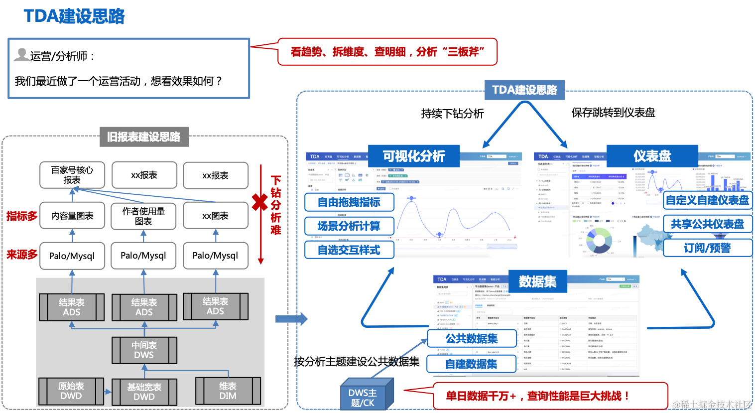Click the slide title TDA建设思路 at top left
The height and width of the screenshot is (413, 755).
tap(74, 16)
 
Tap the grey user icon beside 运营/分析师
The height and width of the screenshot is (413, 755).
tap(21, 54)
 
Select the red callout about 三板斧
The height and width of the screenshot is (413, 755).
tap(387, 52)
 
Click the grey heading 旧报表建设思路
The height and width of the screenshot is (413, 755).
tap(144, 137)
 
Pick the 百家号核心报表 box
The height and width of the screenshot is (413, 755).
tap(72, 175)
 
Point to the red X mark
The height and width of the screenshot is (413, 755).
tap(259, 202)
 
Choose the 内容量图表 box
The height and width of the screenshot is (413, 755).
tap(72, 216)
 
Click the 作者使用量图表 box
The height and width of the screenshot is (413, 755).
tap(143, 216)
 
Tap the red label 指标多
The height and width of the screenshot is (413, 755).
tap(22, 216)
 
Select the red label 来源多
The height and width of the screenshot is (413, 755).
tap(22, 255)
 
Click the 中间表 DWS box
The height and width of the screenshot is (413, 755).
tap(144, 350)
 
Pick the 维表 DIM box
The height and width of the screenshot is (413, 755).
tap(228, 391)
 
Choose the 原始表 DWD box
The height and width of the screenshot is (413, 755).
tap(71, 391)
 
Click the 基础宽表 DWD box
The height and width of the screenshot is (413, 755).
tap(144, 392)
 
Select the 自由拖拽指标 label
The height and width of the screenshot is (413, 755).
tap(349, 202)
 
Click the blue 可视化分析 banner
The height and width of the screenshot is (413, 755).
tap(413, 156)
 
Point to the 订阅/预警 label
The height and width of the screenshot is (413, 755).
tap(707, 248)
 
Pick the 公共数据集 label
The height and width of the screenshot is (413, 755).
tap(472, 339)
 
